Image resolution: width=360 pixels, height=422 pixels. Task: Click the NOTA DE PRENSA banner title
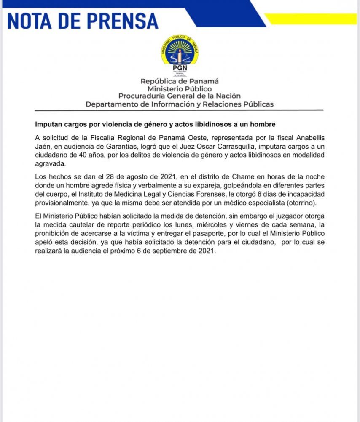point(83,20)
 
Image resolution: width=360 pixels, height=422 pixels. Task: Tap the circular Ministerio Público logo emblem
point(180,50)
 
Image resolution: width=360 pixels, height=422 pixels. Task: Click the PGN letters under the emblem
point(180,67)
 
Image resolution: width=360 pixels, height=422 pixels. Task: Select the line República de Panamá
point(180,81)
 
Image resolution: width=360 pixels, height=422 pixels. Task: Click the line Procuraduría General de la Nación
point(180,96)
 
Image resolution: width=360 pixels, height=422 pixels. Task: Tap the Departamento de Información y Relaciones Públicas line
point(180,104)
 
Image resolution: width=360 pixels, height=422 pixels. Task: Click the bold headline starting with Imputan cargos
point(155,125)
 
